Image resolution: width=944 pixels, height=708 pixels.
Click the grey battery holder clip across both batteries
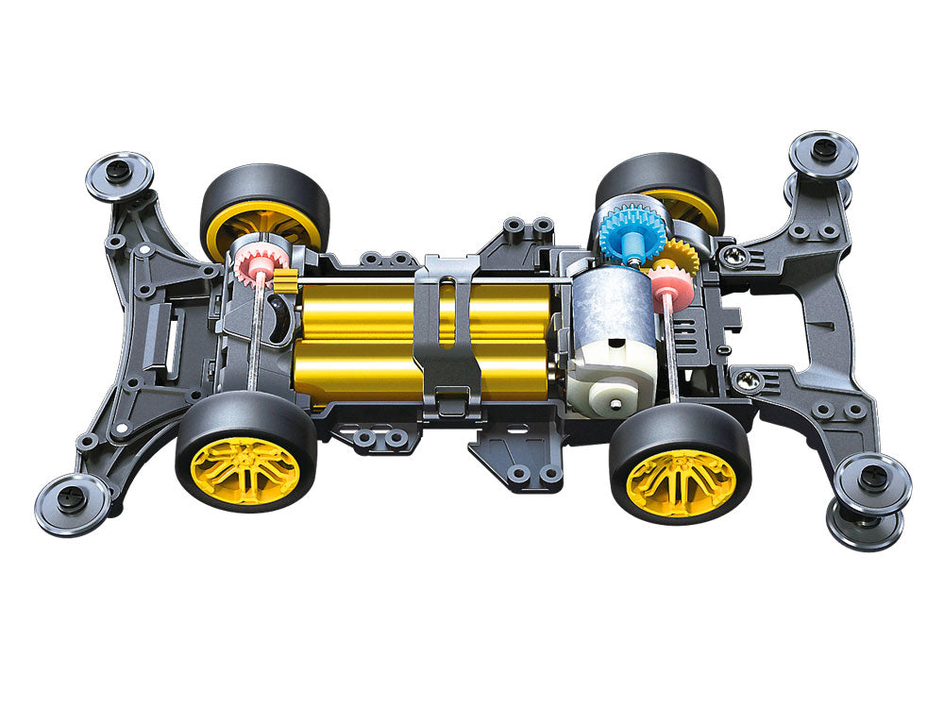click(448, 330)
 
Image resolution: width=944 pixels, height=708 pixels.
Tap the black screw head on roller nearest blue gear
click(823, 149)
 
